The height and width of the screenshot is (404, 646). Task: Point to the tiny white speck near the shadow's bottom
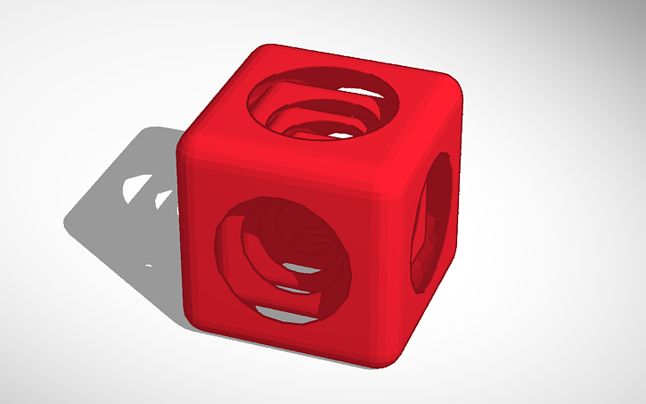tap(149, 265)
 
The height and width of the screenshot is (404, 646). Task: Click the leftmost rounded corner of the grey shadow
tap(70, 218)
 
